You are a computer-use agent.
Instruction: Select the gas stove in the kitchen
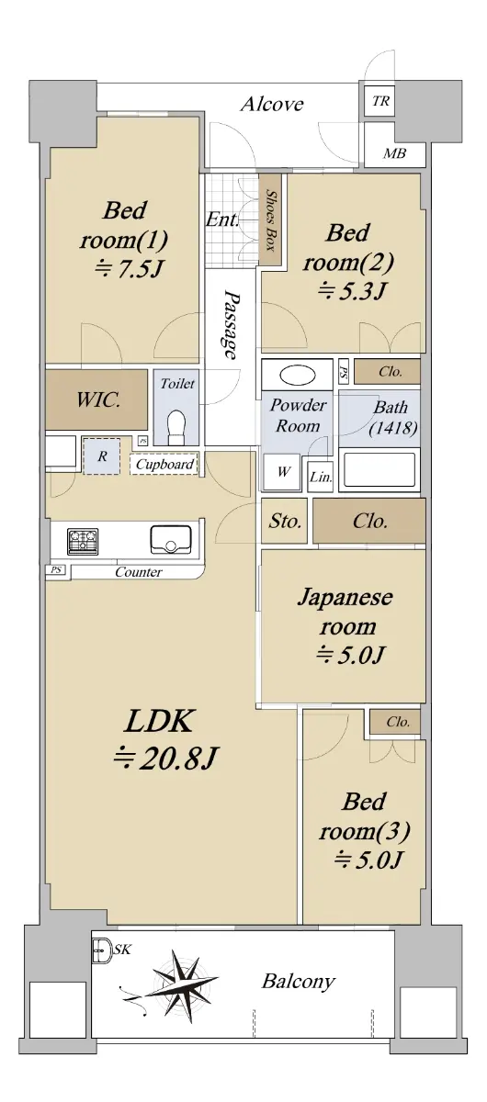pyautogui.click(x=83, y=541)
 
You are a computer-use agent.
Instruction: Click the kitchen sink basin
pyautogui.click(x=170, y=541)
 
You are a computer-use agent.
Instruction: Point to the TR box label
pyautogui.click(x=380, y=101)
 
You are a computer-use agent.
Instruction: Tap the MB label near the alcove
pyautogui.click(x=394, y=153)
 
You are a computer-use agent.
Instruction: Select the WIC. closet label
pyautogui.click(x=98, y=399)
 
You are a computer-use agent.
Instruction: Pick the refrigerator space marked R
pyautogui.click(x=101, y=456)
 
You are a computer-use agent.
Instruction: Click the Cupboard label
pyautogui.click(x=164, y=464)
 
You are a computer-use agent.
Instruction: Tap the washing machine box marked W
pyautogui.click(x=282, y=472)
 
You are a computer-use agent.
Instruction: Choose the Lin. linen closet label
pyautogui.click(x=321, y=477)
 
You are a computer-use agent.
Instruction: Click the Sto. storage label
pyautogui.click(x=285, y=521)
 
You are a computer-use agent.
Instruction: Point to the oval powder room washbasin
pyautogui.click(x=298, y=376)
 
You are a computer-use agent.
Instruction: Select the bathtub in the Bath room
pyautogui.click(x=379, y=471)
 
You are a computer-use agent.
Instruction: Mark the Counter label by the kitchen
pyautogui.click(x=139, y=571)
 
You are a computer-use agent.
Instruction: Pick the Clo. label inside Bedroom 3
pyautogui.click(x=398, y=722)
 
